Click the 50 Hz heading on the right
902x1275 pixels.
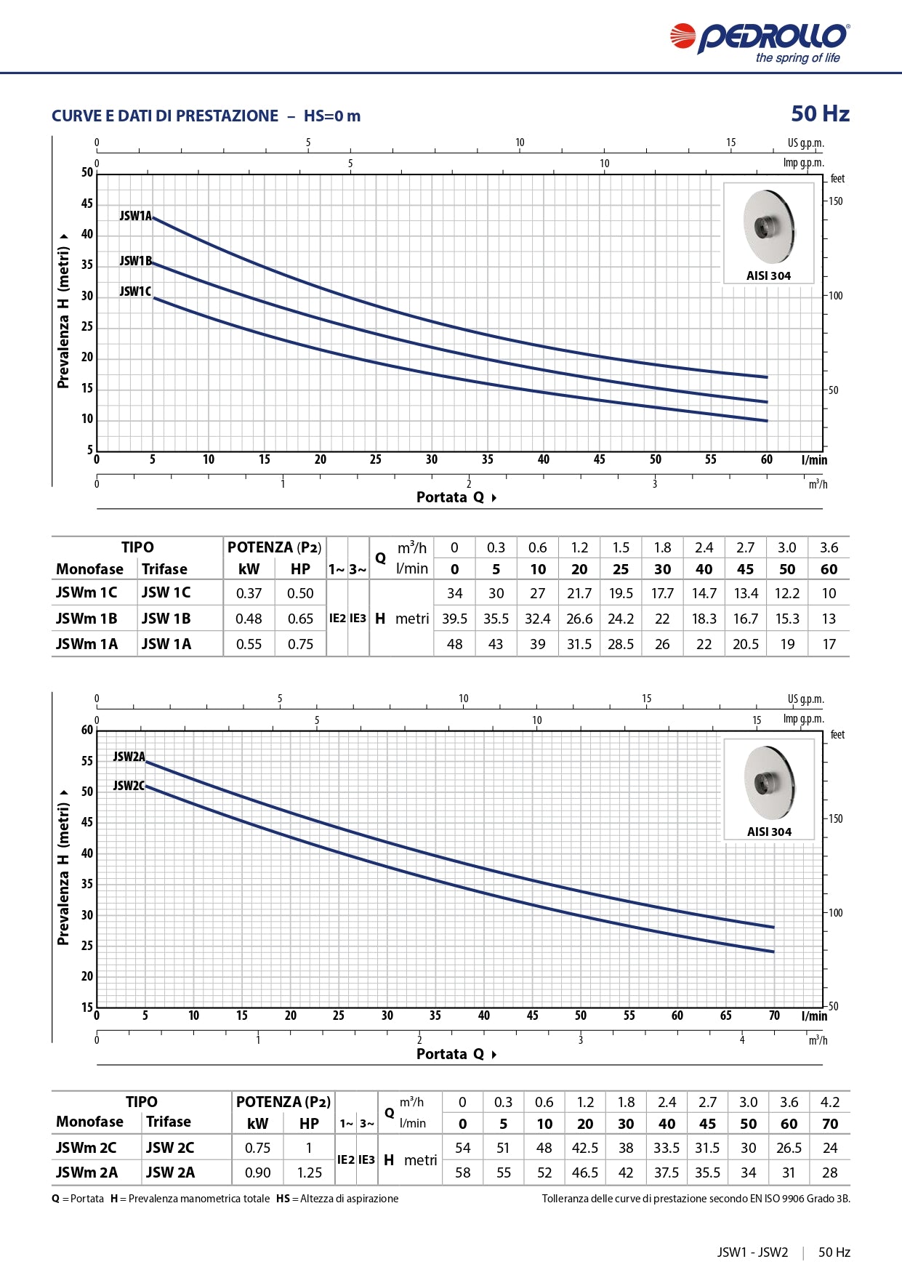820,114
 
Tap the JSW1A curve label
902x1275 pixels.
136,216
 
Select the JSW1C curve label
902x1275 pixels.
135,291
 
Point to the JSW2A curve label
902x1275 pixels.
129,757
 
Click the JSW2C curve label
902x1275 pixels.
129,786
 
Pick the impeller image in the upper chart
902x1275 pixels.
768,227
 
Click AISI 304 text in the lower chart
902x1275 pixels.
769,832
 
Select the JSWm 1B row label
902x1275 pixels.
86,619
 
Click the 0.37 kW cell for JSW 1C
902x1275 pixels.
249,593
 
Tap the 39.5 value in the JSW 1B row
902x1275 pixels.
454,619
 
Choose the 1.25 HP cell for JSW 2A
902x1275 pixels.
309,1173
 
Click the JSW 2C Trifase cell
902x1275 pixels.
170,1148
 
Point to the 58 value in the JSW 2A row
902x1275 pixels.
462,1173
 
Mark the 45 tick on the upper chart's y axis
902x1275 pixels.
87,204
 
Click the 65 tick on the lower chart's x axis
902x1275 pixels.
725,1015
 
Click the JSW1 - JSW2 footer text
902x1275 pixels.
752,1252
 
